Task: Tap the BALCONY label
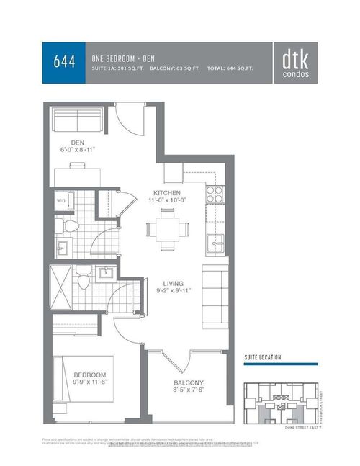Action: click(x=189, y=382)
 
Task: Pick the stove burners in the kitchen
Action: click(x=215, y=193)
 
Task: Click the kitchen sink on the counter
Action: click(x=215, y=244)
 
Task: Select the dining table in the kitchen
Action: click(x=167, y=229)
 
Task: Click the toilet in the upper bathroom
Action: click(x=71, y=227)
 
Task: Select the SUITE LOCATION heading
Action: click(x=262, y=357)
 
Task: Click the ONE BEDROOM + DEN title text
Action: click(x=126, y=57)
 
